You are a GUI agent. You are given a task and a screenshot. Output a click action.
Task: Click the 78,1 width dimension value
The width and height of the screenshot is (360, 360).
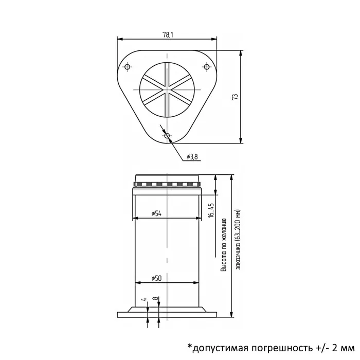168,35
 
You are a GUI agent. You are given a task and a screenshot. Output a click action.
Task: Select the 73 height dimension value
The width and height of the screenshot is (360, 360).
235,97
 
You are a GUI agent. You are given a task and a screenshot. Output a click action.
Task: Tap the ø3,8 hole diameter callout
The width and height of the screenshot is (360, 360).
192,157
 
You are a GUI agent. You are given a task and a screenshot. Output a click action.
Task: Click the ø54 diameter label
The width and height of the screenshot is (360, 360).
156,213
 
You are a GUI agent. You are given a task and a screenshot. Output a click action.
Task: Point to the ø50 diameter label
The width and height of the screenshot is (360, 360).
156,278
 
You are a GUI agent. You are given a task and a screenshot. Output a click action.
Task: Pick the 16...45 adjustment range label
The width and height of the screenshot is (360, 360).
211,210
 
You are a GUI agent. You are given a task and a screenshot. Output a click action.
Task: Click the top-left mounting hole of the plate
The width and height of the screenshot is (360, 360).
127,67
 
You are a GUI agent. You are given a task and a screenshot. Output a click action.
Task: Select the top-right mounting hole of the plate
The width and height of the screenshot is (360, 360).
207,67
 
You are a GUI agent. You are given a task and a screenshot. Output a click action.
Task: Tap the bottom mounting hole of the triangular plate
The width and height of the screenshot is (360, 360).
167,136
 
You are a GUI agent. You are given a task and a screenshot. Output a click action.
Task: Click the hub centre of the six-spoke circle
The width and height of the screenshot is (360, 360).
167,89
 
